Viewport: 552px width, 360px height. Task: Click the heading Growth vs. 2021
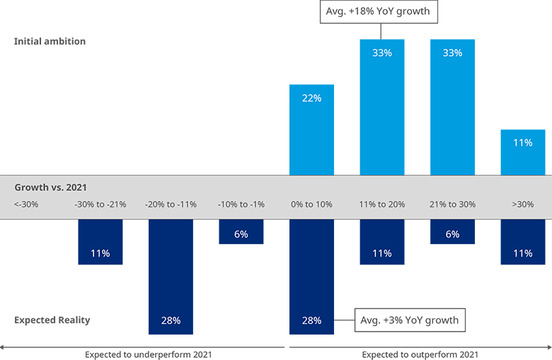pos(50,187)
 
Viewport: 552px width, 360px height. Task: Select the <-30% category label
pos(26,205)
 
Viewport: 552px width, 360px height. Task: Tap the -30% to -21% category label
pos(100,205)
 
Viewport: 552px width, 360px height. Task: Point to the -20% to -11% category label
pos(171,205)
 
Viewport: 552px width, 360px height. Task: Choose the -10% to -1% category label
pos(241,205)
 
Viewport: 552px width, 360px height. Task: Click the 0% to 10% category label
pos(311,205)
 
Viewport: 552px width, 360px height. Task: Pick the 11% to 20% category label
pos(382,205)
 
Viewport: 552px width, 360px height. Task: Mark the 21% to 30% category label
pos(452,205)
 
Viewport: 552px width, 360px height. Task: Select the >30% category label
pos(523,205)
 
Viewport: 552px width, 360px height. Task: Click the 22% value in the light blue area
pos(311,98)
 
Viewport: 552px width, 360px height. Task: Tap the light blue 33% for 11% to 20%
pos(382,53)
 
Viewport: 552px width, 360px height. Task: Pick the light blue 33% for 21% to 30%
pos(452,53)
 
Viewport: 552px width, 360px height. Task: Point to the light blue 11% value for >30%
pos(523,143)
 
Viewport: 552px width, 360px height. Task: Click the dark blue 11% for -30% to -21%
pos(100,253)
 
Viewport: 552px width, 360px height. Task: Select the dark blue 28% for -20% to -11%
pos(171,320)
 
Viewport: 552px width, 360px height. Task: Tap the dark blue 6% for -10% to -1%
pos(241,234)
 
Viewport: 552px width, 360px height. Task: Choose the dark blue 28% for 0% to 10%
pos(311,320)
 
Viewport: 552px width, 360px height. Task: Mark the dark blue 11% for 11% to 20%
pos(382,253)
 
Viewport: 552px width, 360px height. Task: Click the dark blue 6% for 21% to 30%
pos(452,234)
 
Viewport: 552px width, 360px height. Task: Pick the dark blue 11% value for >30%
pos(523,253)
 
